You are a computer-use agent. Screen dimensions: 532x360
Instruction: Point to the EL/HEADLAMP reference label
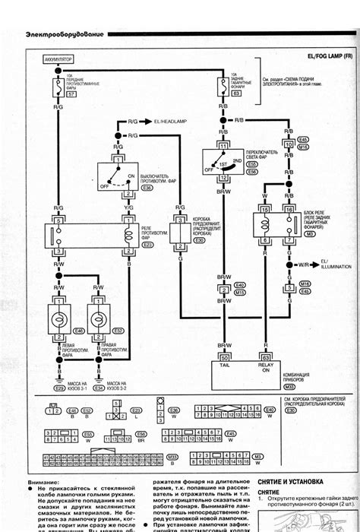click(x=175, y=122)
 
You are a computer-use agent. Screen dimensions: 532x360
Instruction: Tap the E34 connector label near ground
click(x=99, y=388)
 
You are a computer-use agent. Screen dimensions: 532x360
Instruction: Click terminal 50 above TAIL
click(x=224, y=356)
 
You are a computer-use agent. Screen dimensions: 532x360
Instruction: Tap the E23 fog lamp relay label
click(x=147, y=245)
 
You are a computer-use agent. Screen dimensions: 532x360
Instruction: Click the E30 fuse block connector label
click(x=199, y=240)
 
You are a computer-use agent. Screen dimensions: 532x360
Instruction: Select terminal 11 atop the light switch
click(x=224, y=144)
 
